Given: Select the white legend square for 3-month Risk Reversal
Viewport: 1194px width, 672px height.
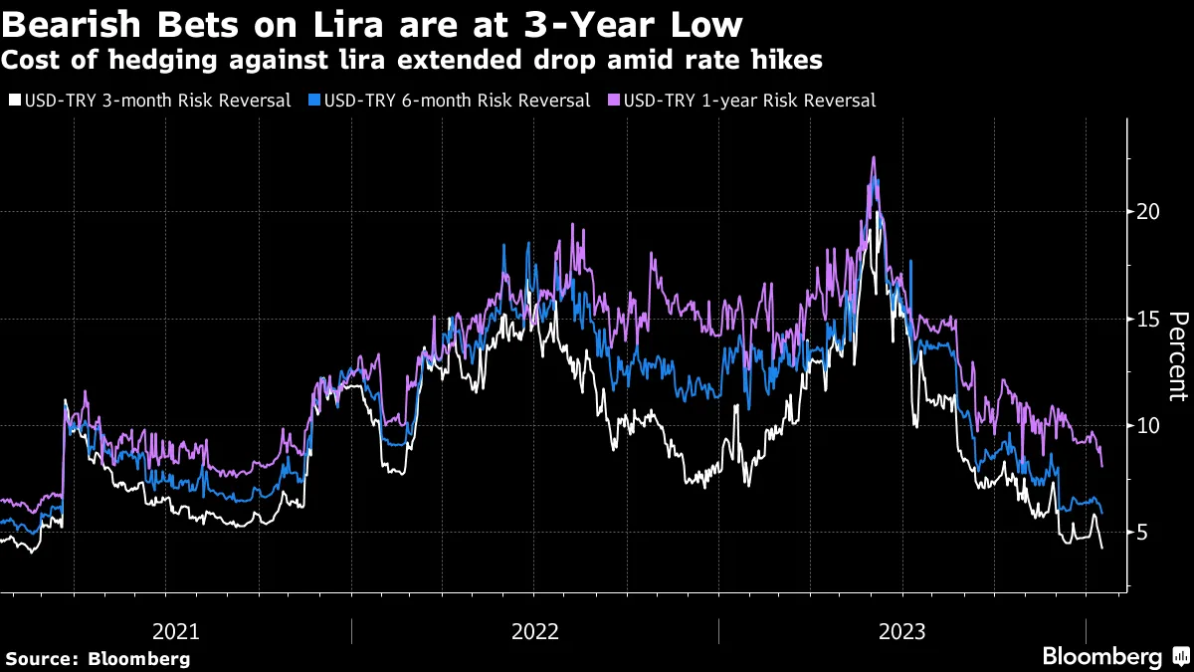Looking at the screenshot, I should coord(14,101).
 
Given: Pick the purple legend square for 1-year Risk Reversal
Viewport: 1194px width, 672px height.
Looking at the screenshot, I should coord(614,101).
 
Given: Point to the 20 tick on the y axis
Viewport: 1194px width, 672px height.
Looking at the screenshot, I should coord(1147,212).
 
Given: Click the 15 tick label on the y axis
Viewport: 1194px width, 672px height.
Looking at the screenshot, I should coord(1147,319).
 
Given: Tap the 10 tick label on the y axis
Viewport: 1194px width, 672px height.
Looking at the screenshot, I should coord(1147,425).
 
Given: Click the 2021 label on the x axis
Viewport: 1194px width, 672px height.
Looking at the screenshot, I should coord(176,631).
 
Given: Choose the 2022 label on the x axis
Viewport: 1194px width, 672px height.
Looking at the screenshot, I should coord(535,631).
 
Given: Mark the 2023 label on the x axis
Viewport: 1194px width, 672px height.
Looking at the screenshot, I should coord(901,631).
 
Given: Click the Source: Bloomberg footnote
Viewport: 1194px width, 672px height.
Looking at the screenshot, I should coord(98,658).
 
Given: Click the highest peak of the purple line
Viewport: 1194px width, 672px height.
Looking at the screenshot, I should coord(873,157).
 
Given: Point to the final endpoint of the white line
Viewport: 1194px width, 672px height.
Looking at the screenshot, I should coord(1101,548).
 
